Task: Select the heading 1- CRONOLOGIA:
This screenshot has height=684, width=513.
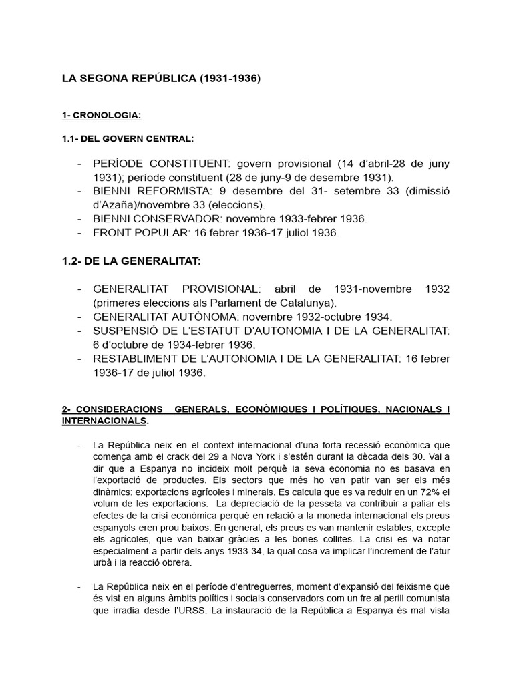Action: tap(101, 116)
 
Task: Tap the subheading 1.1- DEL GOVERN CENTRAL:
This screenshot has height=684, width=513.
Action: tap(128, 138)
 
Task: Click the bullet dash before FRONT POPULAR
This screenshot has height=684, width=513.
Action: tap(80, 232)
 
